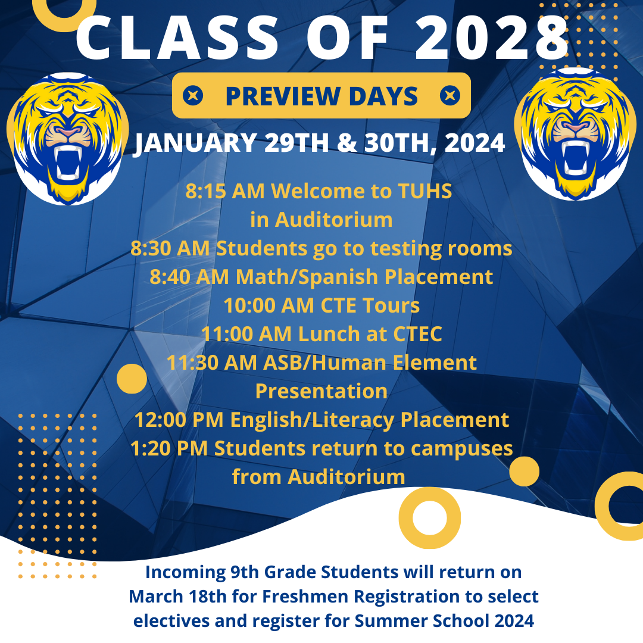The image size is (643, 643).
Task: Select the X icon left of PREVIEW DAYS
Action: (193, 95)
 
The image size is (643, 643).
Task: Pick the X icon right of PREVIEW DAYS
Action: (450, 95)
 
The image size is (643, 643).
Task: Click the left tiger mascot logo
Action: (68, 139)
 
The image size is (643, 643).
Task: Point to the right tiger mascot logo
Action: (575, 134)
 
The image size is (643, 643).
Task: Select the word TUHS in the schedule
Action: (425, 191)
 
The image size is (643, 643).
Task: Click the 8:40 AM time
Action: (189, 277)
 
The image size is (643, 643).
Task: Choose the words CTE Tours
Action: (370, 305)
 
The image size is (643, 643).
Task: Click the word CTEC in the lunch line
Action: (417, 334)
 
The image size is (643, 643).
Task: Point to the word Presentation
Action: (321, 391)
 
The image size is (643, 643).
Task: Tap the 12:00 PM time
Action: (179, 420)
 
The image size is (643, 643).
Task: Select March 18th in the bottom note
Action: (177, 597)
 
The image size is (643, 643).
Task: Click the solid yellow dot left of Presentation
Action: (132, 379)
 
